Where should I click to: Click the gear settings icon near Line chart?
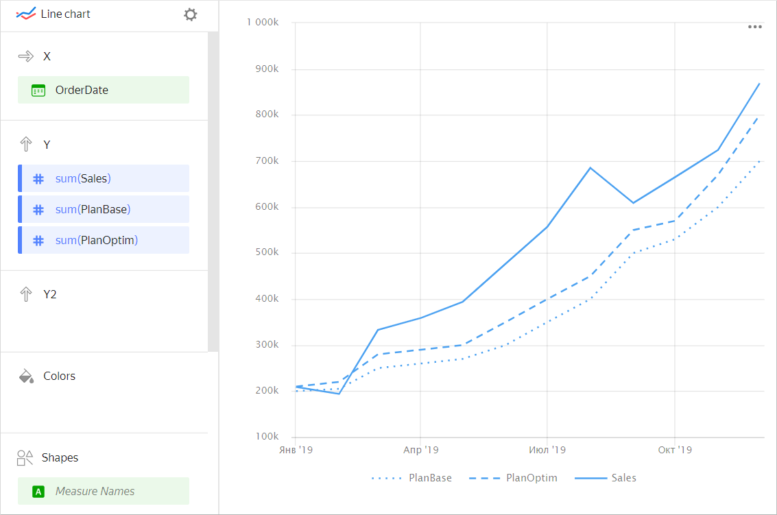191,14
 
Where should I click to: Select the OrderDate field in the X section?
103,90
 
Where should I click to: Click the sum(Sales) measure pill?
103,178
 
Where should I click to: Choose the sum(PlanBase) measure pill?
103,209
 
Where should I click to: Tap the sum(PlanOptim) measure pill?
103,240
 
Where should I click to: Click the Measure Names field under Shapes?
103,491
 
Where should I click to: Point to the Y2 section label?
50,294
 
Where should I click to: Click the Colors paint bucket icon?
26,376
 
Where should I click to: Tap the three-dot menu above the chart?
755,27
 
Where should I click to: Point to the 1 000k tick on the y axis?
263,23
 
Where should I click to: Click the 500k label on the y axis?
267,252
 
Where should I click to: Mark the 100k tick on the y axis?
267,436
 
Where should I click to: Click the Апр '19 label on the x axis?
420,450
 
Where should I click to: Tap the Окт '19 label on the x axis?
675,450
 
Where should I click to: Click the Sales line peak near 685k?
590,167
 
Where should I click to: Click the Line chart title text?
65,14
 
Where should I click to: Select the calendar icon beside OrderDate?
38,90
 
